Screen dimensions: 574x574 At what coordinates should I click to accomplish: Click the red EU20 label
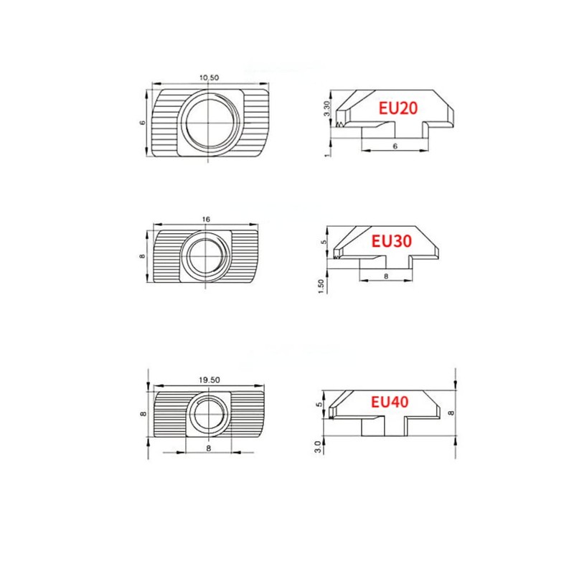click(x=398, y=108)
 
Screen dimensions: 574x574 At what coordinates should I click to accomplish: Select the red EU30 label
click(x=391, y=241)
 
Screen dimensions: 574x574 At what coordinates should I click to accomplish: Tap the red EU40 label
click(x=390, y=402)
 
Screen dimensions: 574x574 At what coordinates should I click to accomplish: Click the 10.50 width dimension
click(x=209, y=77)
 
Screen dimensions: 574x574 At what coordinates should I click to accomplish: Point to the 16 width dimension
click(x=206, y=220)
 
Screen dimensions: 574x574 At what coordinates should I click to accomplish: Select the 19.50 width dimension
click(x=210, y=380)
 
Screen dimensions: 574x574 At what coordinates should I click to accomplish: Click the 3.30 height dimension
click(x=327, y=108)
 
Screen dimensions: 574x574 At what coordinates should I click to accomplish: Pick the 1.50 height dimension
click(x=321, y=286)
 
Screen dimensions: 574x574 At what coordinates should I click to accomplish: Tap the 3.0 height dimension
click(x=318, y=446)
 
